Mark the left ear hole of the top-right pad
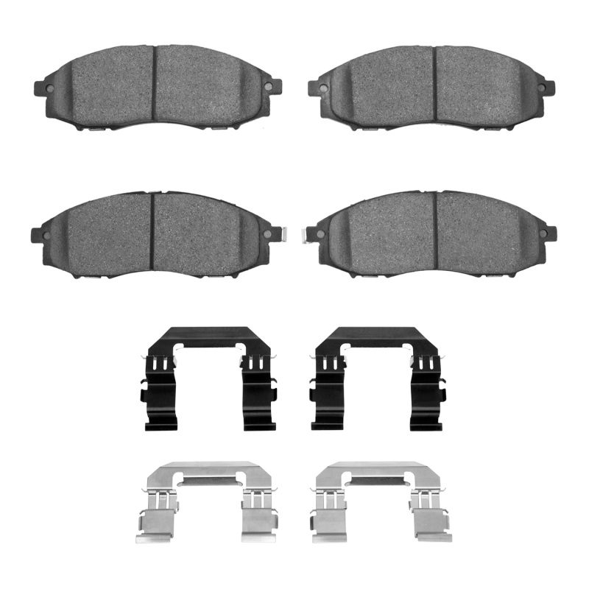pyautogui.click(x=322, y=88)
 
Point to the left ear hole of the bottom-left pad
pyautogui.click(x=46, y=234)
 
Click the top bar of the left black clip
pyautogui.click(x=208, y=335)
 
